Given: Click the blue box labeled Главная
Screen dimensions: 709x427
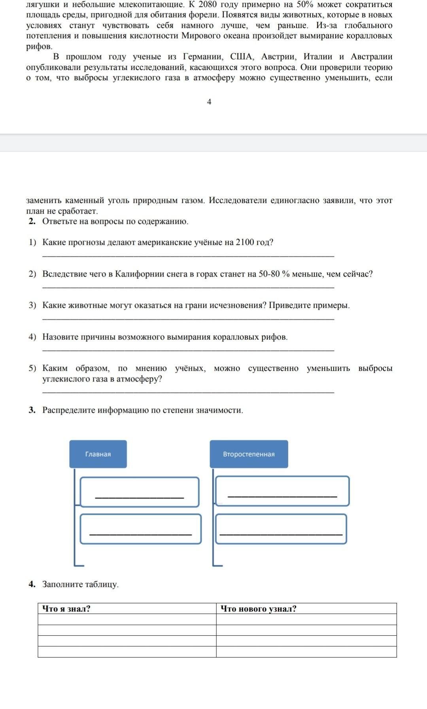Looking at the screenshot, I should tap(98, 454).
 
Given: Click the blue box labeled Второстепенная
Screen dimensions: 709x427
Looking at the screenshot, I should tap(249, 454).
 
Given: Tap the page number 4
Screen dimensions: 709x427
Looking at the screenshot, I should tap(209, 102).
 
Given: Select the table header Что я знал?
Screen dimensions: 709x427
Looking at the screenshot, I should tap(66, 609).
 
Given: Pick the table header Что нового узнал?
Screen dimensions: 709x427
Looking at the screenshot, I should tap(258, 609).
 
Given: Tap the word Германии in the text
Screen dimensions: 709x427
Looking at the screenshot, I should tap(204, 57).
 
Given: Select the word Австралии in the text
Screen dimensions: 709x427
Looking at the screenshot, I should tap(371, 57).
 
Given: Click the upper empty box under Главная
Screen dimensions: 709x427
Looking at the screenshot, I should tap(140, 492).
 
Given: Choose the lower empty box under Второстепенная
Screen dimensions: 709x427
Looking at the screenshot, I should tap(281, 529).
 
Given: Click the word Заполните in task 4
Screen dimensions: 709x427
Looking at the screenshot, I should tap(63, 584).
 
